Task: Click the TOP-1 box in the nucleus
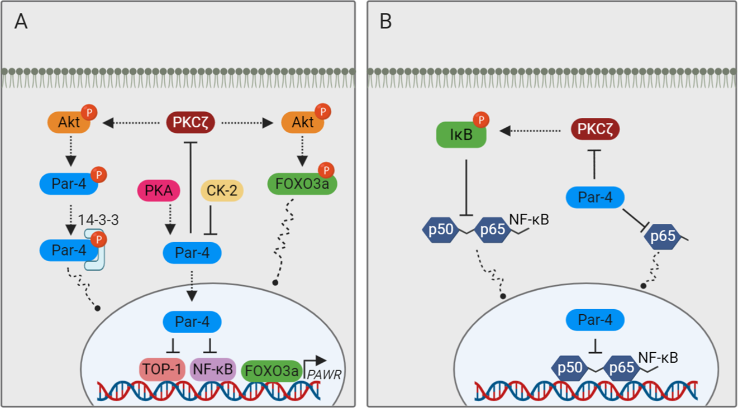click(x=161, y=369)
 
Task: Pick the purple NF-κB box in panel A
click(x=212, y=369)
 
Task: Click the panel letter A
click(x=21, y=22)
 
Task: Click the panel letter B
click(x=385, y=22)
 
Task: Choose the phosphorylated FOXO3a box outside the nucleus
click(x=302, y=184)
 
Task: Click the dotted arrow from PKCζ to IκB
click(x=531, y=131)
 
